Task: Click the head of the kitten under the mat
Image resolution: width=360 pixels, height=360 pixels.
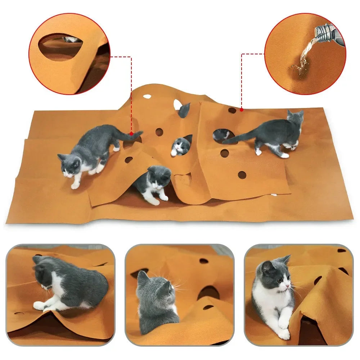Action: pyautogui.click(x=158, y=177)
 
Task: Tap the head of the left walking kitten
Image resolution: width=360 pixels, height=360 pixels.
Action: pyautogui.click(x=70, y=166)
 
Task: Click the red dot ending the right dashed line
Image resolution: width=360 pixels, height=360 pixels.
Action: pyautogui.click(x=242, y=109)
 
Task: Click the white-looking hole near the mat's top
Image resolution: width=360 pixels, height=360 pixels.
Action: pyautogui.click(x=147, y=96)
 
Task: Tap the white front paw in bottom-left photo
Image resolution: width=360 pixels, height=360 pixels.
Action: pyautogui.click(x=39, y=305)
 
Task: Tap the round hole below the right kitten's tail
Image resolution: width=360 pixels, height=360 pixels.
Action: pyautogui.click(x=224, y=153)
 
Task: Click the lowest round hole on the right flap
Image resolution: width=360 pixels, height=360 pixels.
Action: pyautogui.click(x=242, y=175)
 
